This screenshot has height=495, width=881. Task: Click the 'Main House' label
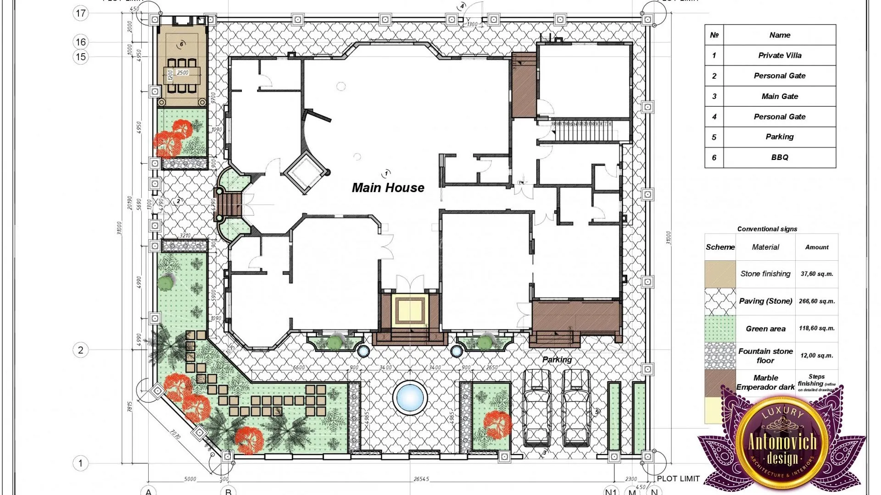click(388, 187)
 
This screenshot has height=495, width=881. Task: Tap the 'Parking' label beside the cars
click(557, 359)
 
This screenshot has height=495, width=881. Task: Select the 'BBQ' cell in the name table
click(779, 157)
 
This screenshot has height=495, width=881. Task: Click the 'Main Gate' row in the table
click(779, 96)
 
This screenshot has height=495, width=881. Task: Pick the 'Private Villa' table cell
click(779, 55)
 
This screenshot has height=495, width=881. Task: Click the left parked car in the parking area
click(537, 408)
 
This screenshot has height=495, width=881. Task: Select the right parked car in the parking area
click(576, 408)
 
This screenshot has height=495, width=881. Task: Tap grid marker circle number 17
click(81, 13)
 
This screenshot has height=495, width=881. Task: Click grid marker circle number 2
click(81, 350)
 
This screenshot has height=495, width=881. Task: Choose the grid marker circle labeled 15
click(81, 57)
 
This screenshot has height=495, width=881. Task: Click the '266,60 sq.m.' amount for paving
click(817, 301)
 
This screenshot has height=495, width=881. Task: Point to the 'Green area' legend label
click(765, 329)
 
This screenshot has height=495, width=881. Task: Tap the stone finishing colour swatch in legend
click(720, 274)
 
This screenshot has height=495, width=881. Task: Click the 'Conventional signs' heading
click(767, 229)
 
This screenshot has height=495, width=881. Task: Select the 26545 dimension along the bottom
click(421, 479)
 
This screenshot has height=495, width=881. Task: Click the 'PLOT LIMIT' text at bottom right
click(678, 478)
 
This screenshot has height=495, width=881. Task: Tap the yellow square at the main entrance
click(410, 310)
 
